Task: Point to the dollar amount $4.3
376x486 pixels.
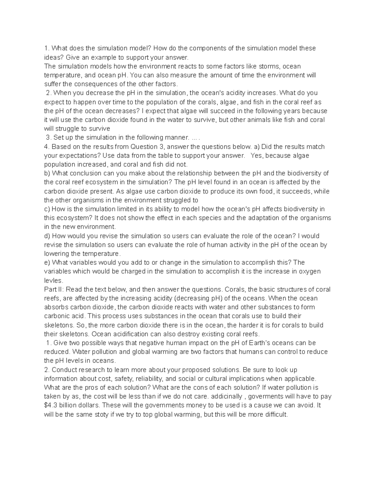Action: pyautogui.click(x=51, y=405)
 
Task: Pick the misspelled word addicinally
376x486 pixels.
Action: pyautogui.click(x=226, y=396)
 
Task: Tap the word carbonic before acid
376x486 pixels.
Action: pyautogui.click(x=57, y=316)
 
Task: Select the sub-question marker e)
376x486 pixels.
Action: pyautogui.click(x=47, y=263)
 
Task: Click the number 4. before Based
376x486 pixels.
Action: pyautogui.click(x=47, y=147)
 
